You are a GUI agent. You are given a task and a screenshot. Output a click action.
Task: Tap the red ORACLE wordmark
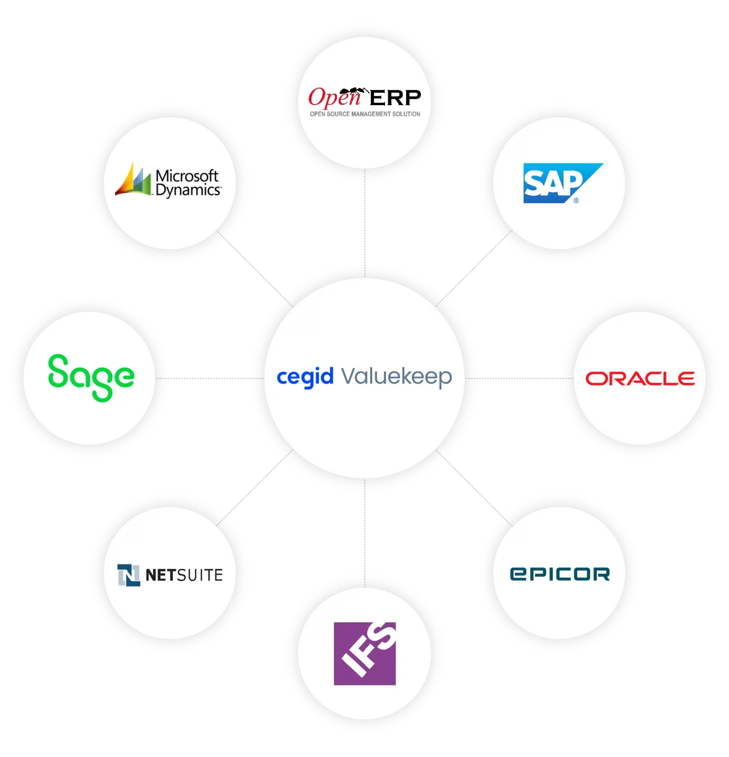(x=640, y=379)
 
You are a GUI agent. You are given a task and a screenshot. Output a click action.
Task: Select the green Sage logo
(x=91, y=377)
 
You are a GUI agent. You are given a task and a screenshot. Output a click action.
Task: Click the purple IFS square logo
(x=364, y=653)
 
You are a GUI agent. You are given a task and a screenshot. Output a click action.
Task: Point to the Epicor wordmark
(x=559, y=574)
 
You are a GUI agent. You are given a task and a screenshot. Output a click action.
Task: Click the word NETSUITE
(x=184, y=575)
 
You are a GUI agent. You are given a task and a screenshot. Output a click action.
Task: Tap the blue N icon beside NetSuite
(x=128, y=575)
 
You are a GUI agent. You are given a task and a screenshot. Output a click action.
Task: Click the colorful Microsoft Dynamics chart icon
(x=133, y=180)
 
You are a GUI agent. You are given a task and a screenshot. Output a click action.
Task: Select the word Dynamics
(x=188, y=191)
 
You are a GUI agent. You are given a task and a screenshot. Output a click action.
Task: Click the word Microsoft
(x=187, y=176)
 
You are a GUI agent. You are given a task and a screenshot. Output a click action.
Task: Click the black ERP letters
(x=395, y=98)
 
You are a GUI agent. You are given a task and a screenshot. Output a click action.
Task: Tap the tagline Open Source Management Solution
(x=365, y=114)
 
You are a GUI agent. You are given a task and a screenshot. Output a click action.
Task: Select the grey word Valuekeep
(x=397, y=377)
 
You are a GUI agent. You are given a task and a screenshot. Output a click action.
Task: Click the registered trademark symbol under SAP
(x=576, y=200)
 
